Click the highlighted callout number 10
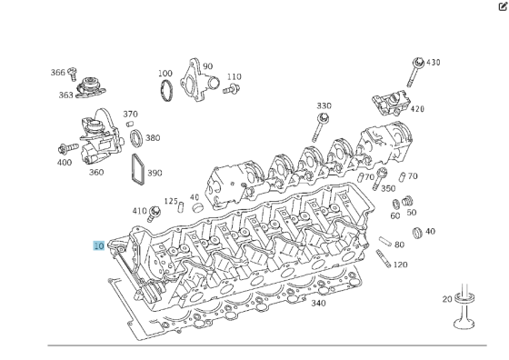[x=98, y=245]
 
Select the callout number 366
[x=58, y=73]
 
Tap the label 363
[x=66, y=95]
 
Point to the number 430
[x=433, y=63]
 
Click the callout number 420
[x=417, y=109]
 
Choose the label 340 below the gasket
[x=317, y=304]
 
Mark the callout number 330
[x=324, y=106]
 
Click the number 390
[x=155, y=173]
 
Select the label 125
[x=171, y=201]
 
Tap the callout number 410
[x=138, y=211]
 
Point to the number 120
[x=400, y=265]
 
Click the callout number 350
[x=388, y=188]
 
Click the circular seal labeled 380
[x=135, y=139]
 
